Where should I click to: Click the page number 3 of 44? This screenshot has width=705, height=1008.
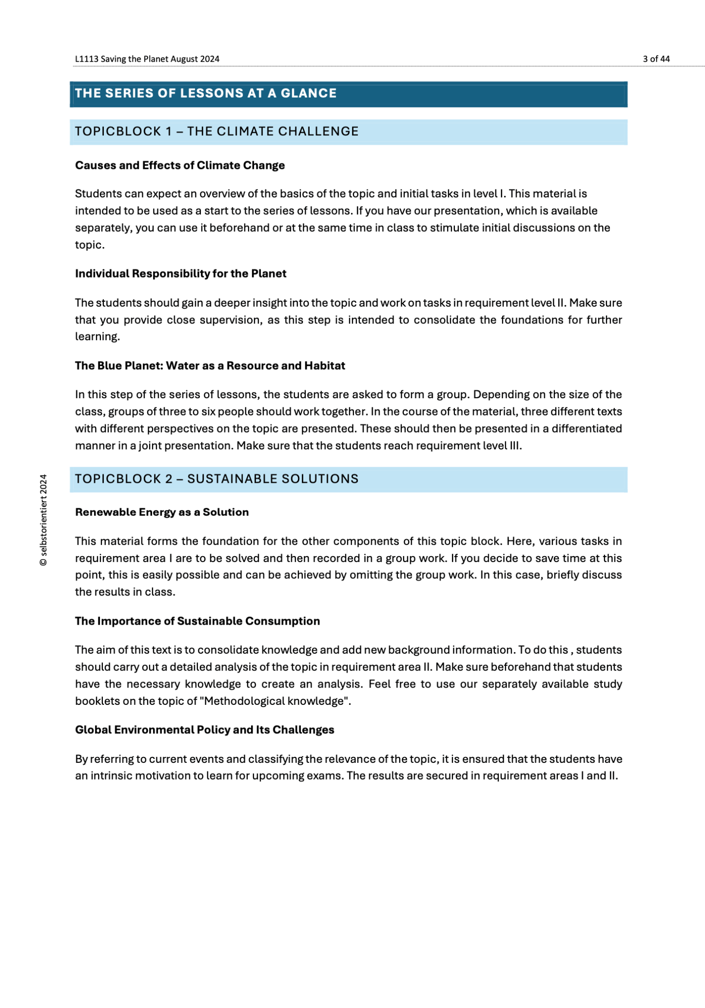(656, 59)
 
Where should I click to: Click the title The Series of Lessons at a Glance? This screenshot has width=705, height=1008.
(206, 94)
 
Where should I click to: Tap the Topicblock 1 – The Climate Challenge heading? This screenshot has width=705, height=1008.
(217, 132)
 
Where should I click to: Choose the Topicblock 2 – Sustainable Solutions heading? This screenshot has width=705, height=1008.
(217, 479)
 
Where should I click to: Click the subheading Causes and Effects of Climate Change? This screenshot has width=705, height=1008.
(180, 165)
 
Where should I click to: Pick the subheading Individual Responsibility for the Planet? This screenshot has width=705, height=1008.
(181, 274)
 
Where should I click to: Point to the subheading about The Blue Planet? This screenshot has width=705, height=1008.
(210, 366)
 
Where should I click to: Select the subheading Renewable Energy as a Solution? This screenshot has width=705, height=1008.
(162, 512)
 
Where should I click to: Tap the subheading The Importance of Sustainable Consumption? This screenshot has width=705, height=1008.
(197, 621)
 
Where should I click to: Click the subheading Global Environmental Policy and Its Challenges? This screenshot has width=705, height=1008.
(204, 730)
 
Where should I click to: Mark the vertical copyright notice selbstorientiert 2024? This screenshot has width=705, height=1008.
(44, 520)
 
